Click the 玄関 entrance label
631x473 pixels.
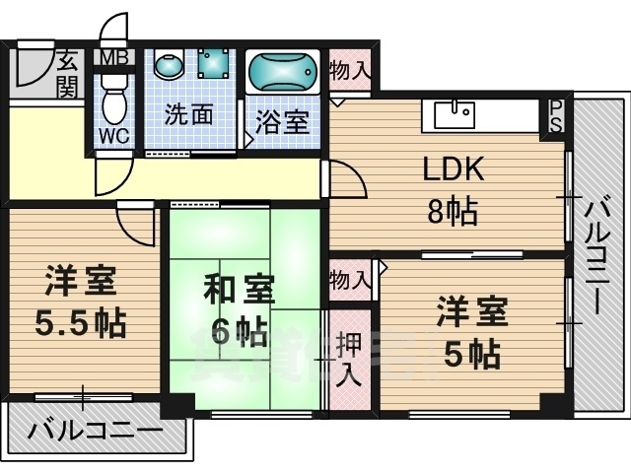point(67,74)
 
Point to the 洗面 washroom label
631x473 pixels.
point(188,114)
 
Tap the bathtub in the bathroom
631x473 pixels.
point(284,73)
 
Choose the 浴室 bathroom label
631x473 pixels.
point(283,123)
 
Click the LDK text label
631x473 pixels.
point(454,171)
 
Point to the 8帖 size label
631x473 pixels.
point(454,210)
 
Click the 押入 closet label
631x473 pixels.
point(348,359)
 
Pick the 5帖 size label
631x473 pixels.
point(470,352)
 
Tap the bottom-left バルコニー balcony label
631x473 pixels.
point(96,432)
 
